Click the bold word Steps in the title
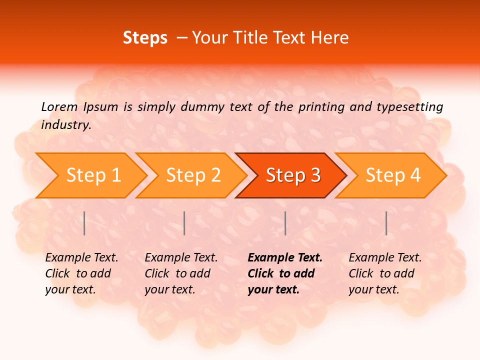click(x=145, y=38)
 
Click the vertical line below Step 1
click(x=84, y=223)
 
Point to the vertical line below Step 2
click(x=184, y=223)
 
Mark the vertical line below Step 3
click(x=285, y=223)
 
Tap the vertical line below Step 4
click(x=386, y=223)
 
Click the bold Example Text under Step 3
click(x=285, y=258)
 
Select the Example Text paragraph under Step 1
click(x=81, y=273)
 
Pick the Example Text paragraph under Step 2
click(x=181, y=273)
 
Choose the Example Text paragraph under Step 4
click(x=385, y=273)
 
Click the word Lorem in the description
click(x=59, y=106)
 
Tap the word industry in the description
click(x=65, y=125)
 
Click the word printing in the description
click(x=322, y=107)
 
